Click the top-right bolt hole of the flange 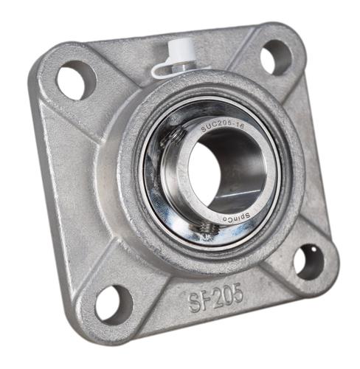tap(276, 56)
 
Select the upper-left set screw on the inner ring tap(175, 136)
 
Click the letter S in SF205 tap(193, 302)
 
